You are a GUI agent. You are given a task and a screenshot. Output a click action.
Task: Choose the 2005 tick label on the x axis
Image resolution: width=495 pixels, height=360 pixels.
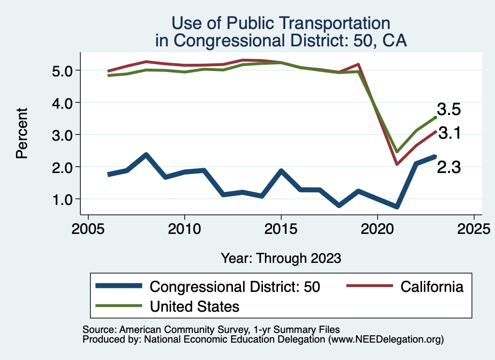(88, 228)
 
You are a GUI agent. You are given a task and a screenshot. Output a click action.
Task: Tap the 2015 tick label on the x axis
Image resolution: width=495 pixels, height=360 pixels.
(281, 228)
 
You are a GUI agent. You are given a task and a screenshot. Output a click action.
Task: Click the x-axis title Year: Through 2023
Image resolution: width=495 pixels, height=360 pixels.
(281, 258)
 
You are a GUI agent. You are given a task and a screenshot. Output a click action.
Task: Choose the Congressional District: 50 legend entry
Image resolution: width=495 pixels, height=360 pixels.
(235, 287)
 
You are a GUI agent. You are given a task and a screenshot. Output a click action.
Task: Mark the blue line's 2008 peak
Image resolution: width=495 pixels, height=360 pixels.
(146, 155)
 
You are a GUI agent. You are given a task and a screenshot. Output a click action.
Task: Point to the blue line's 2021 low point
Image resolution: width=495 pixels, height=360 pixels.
(396, 206)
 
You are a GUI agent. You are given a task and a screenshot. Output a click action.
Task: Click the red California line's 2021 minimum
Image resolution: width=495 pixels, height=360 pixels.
(396, 164)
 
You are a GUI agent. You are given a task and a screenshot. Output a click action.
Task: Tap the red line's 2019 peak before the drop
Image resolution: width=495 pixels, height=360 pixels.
(358, 64)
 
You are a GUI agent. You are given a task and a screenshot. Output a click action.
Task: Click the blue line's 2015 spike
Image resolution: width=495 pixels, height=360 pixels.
(281, 171)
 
